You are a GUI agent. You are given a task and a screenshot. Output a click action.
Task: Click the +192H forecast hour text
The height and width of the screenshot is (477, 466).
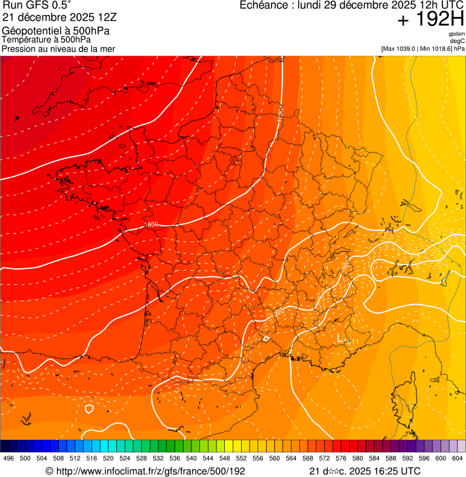[x=431, y=21]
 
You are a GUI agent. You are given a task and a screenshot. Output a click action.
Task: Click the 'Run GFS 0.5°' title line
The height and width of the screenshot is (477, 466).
[x=37, y=5]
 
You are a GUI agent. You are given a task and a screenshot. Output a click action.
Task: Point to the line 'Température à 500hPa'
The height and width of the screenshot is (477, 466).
[x=46, y=39]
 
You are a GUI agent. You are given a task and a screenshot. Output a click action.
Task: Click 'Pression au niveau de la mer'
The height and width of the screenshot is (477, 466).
[x=58, y=49]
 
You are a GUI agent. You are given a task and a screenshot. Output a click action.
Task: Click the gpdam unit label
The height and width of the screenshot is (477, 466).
[x=456, y=34]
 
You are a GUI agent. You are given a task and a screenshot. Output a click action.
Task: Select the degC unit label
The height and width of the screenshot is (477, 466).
[x=458, y=41]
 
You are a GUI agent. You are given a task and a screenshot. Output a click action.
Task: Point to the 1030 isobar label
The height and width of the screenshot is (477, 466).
[x=151, y=225]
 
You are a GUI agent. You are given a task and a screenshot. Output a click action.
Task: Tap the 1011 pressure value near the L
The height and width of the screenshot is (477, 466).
[x=352, y=343]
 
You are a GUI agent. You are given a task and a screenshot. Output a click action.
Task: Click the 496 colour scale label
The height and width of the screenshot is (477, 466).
[x=8, y=458]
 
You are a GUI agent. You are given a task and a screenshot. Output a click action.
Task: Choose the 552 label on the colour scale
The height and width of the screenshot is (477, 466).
[x=241, y=458]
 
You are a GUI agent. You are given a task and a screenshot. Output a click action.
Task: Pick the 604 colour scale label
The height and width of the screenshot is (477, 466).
[x=458, y=458]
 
